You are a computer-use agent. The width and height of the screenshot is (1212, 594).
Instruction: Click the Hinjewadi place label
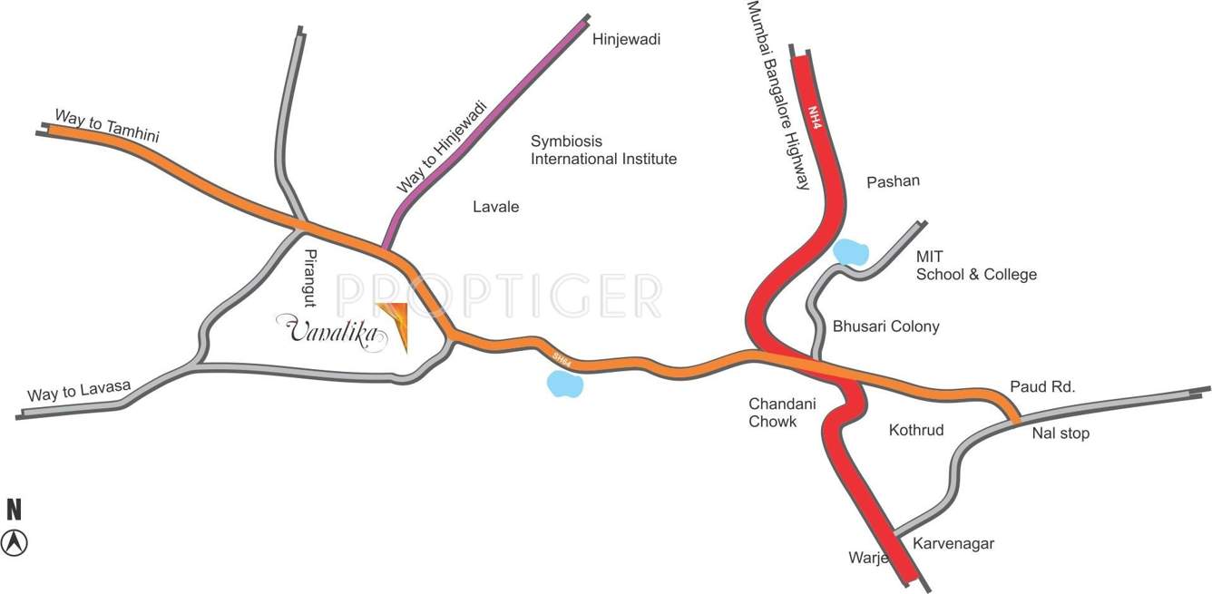(626, 40)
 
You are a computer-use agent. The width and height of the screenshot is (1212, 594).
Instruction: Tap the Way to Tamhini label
(107, 125)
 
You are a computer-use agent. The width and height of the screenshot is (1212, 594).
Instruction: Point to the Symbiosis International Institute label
(603, 151)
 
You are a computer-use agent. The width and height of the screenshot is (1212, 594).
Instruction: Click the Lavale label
(496, 207)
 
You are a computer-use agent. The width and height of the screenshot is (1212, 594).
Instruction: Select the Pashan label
(893, 181)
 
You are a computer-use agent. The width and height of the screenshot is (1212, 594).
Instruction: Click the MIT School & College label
(975, 266)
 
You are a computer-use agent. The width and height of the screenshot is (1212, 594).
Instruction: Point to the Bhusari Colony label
(885, 326)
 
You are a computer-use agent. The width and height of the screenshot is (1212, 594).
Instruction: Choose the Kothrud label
(915, 430)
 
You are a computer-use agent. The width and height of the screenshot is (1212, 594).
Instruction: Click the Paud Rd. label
(1042, 387)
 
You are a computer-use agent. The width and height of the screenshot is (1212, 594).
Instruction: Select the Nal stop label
(1060, 433)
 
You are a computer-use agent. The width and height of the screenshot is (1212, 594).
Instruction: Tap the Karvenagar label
(953, 544)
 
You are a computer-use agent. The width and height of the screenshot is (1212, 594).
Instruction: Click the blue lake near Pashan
(851, 251)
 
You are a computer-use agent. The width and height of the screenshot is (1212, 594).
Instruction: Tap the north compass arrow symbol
(15, 542)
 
